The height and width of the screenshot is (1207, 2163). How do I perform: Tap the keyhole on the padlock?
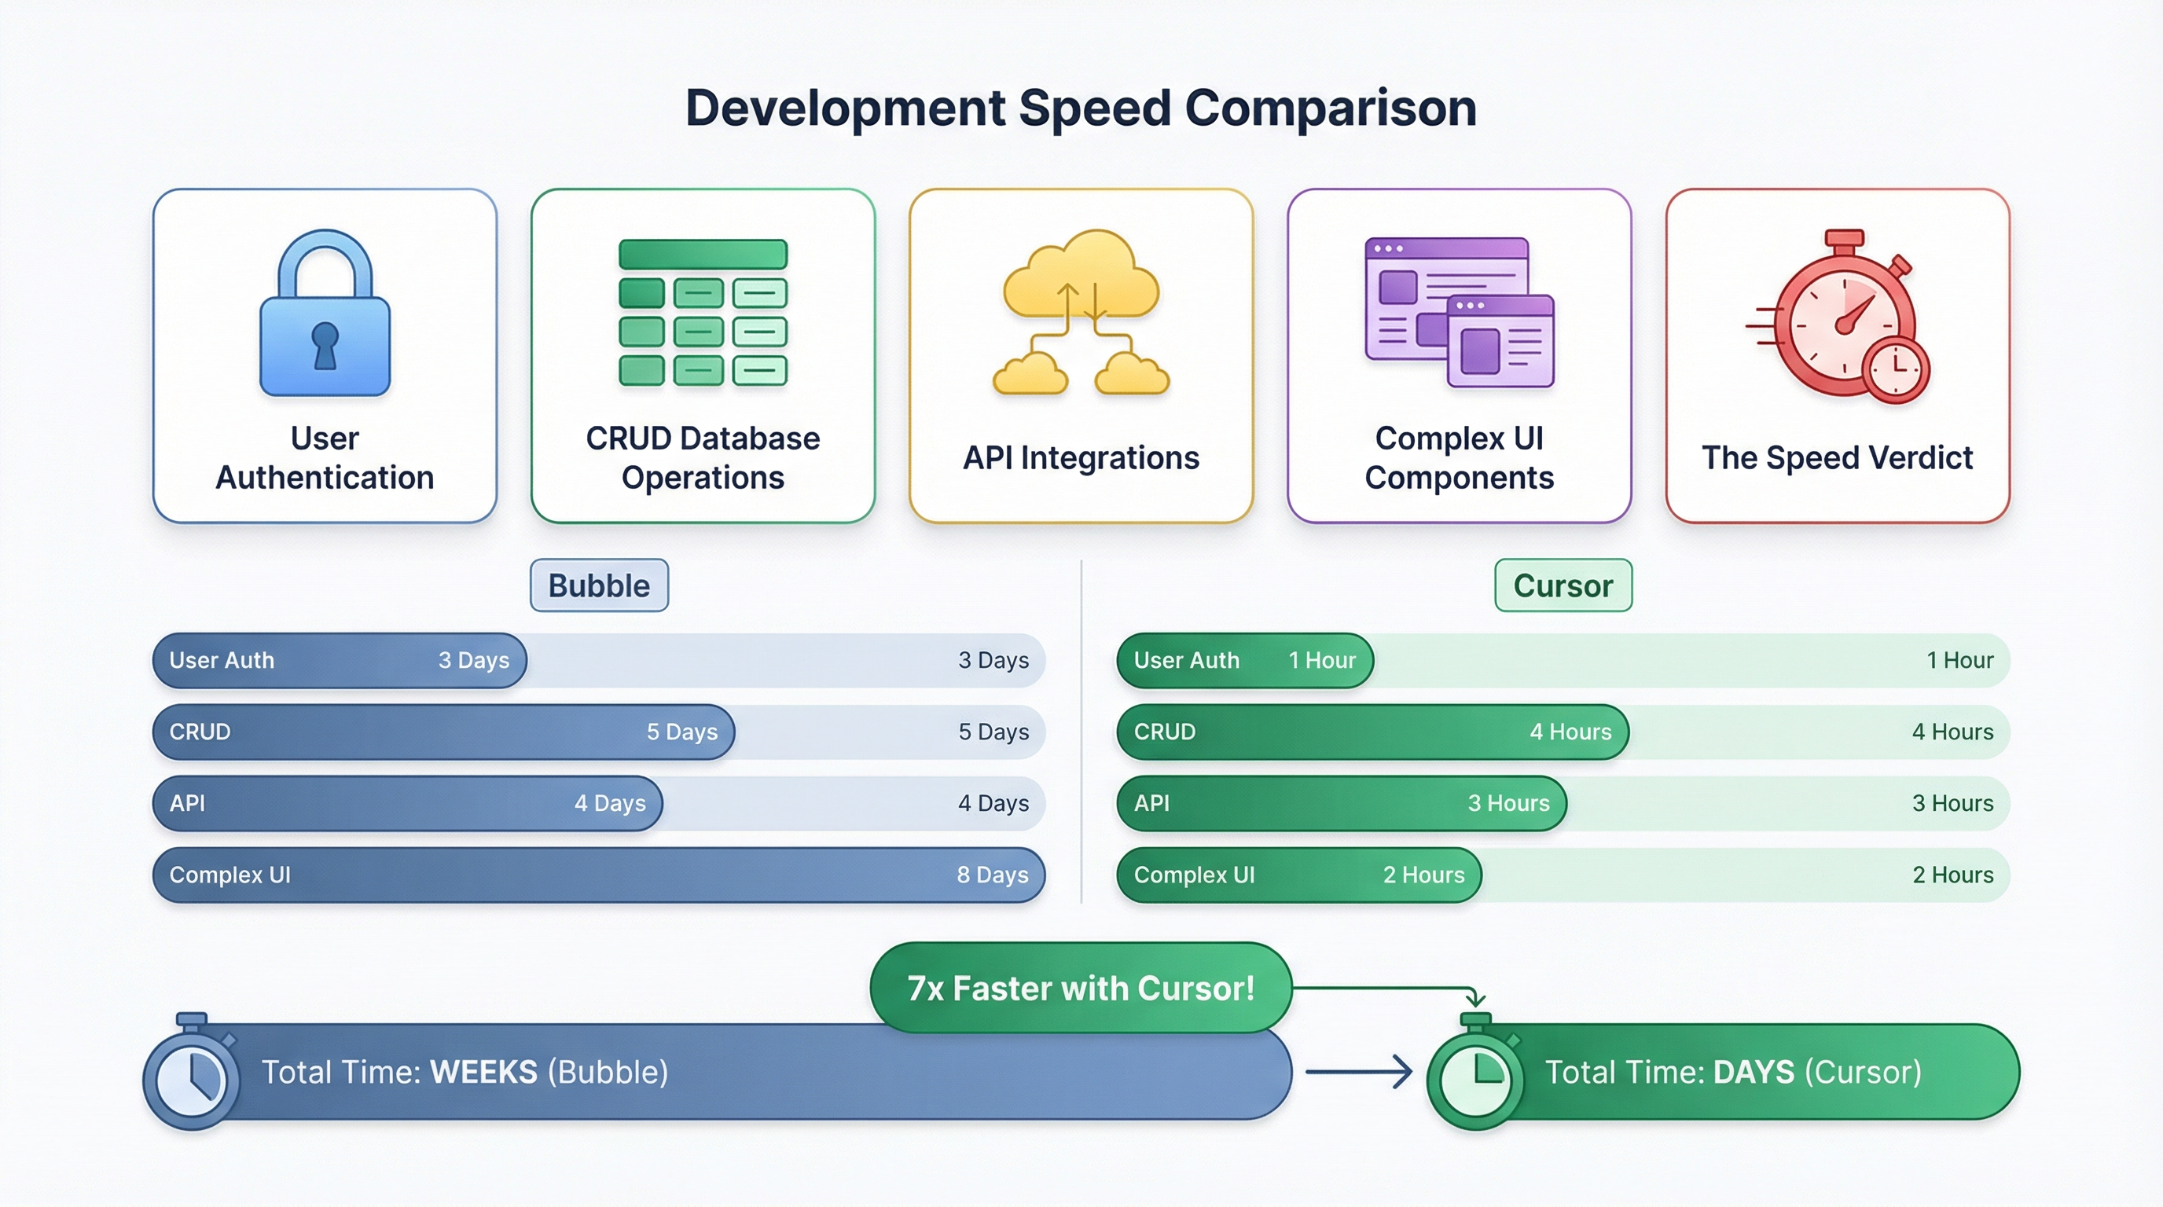325,344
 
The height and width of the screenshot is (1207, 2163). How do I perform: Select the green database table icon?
703,312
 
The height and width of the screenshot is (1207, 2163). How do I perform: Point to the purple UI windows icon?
1460,311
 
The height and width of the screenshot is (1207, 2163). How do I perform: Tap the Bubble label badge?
599,585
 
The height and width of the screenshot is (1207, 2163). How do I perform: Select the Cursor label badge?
1563,585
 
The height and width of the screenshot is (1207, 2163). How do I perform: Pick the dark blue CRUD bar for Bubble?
443,732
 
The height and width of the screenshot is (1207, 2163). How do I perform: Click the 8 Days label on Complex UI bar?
993,875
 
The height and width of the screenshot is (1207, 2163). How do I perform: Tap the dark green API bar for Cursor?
1341,803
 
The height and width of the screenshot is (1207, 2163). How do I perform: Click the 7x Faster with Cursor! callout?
1081,988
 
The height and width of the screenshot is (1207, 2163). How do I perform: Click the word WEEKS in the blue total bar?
483,1072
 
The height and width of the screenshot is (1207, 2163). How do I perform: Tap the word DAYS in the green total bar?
1754,1072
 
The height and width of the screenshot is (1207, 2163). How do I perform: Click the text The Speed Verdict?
1837,457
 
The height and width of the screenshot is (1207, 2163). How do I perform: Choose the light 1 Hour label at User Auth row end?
1959,661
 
